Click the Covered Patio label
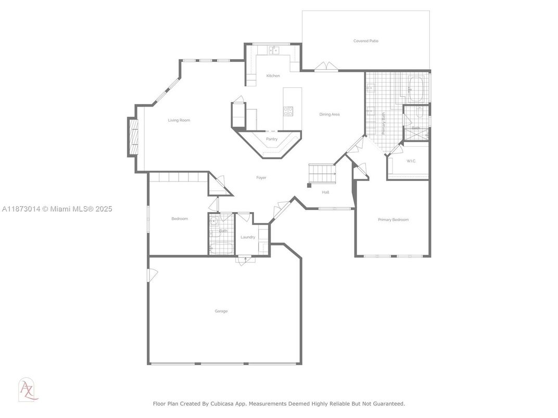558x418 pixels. [x=366, y=41]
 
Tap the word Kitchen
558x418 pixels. [x=273, y=76]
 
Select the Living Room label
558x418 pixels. [x=179, y=120]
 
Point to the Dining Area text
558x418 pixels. [x=329, y=114]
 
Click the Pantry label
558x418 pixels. [x=272, y=139]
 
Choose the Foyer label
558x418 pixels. [x=261, y=177]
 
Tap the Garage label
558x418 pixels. [x=221, y=311]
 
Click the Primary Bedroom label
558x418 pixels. [x=393, y=220]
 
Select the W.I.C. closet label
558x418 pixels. [x=411, y=161]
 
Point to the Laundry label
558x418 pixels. [x=248, y=237]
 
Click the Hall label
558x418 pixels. [x=326, y=192]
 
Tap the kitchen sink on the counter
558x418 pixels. [x=274, y=50]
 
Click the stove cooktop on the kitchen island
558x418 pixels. [x=288, y=111]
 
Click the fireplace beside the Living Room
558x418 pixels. [x=132, y=137]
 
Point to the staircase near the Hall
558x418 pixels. [x=322, y=174]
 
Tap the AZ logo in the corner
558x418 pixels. [x=28, y=389]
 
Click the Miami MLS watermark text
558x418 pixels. [x=57, y=209]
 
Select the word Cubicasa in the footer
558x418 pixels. [x=221, y=404]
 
